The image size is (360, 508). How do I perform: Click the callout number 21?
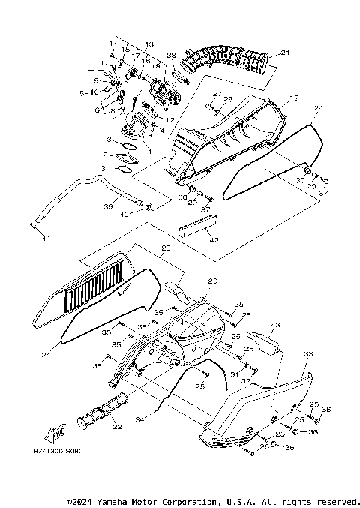[284, 53]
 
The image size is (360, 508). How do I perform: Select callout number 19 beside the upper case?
[294, 98]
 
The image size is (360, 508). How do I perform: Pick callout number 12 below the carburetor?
[171, 120]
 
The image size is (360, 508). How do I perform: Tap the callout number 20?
[212, 281]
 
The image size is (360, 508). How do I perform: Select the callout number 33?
[308, 353]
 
